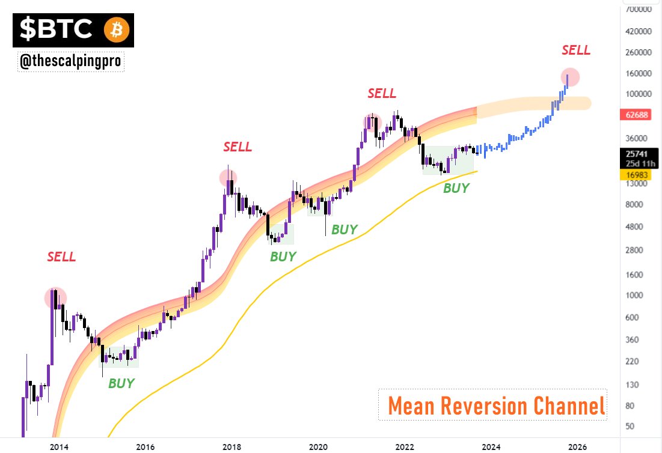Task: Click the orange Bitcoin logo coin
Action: (117, 30)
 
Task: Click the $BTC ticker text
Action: (57, 30)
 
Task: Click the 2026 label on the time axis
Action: (577, 446)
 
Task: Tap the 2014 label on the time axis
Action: (58, 446)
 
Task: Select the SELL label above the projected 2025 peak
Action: (576, 50)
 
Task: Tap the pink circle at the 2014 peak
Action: (55, 297)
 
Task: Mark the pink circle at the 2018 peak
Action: (228, 177)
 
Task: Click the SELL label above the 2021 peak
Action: (382, 93)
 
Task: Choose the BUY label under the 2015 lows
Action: (121, 383)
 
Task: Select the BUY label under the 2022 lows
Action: (456, 187)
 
